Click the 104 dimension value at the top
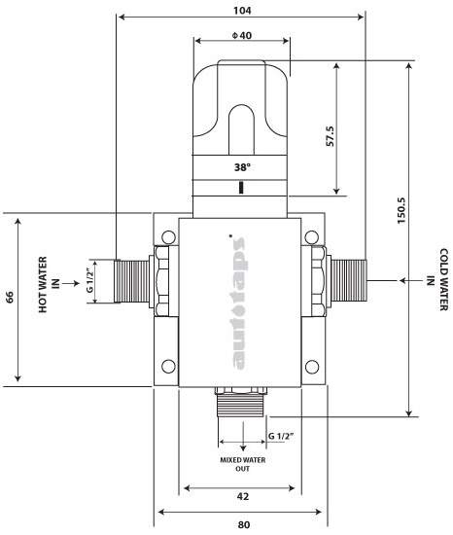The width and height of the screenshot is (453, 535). (242, 11)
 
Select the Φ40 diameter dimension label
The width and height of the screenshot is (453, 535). (241, 36)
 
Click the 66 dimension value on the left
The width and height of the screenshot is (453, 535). (11, 296)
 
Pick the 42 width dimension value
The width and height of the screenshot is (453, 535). (242, 496)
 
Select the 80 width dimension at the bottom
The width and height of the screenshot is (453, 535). (242, 524)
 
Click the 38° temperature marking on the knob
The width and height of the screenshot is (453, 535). (241, 166)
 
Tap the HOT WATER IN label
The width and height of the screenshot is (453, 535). (49, 280)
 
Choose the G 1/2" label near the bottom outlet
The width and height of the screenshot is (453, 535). (282, 436)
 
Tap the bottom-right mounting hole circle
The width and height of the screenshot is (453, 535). (313, 367)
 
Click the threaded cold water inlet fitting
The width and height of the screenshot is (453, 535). (348, 282)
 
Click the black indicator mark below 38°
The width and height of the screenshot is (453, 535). (240, 186)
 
